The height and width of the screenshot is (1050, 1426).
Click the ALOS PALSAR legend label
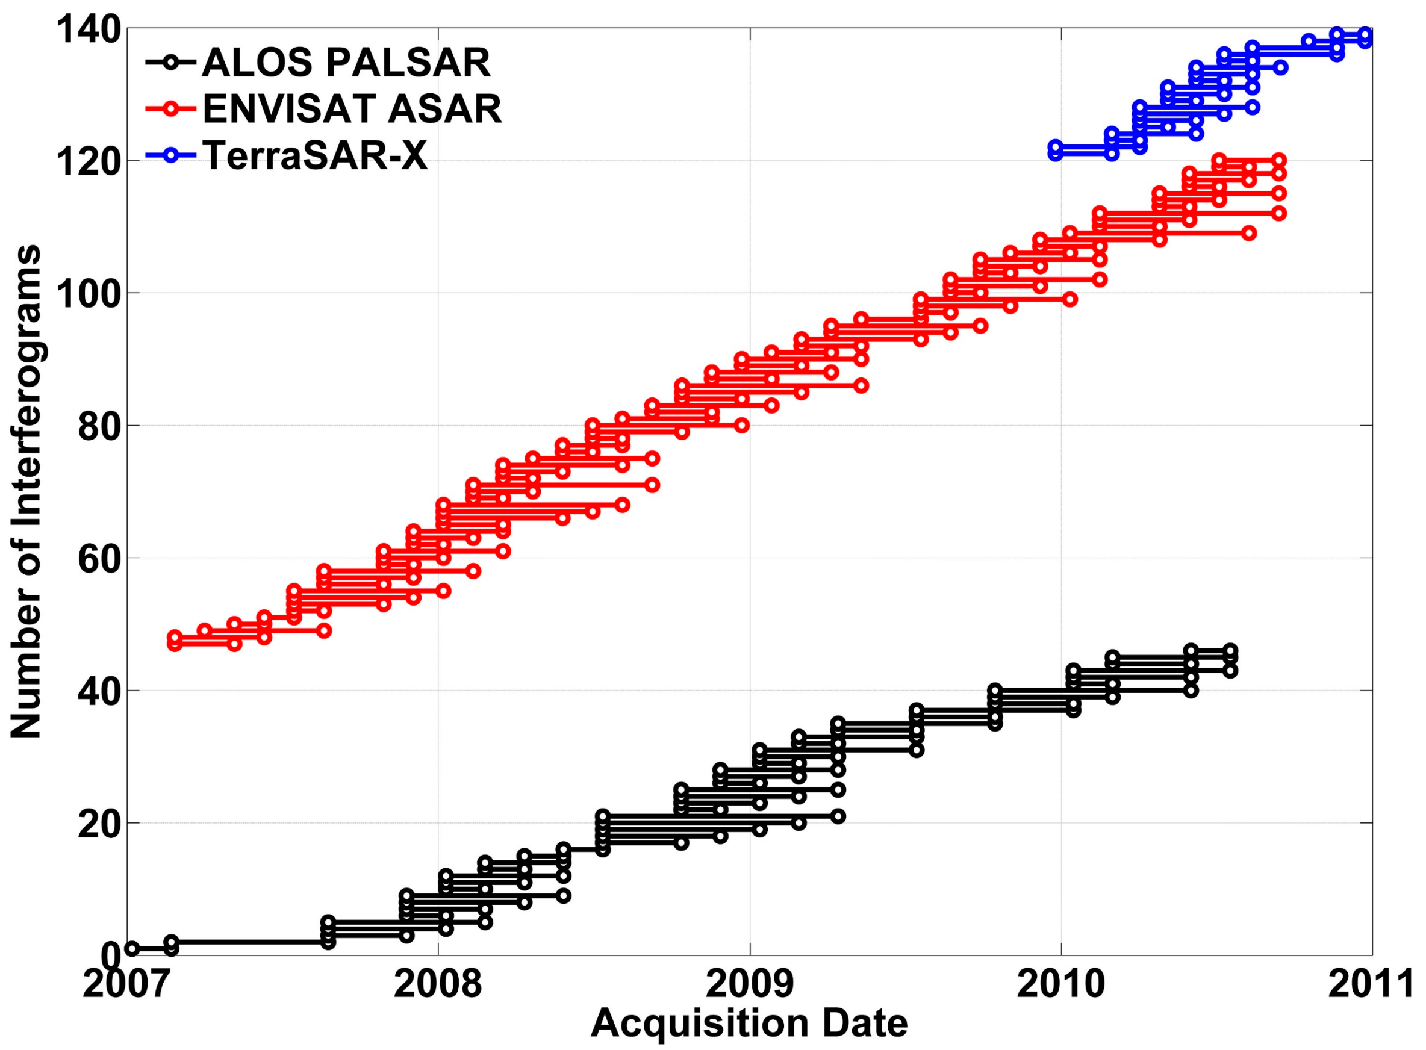346,63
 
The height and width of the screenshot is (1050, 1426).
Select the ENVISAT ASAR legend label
352,110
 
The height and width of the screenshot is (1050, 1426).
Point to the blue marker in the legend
170,155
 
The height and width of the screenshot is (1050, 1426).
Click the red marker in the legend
170,110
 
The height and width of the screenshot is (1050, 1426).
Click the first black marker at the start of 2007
132,949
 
